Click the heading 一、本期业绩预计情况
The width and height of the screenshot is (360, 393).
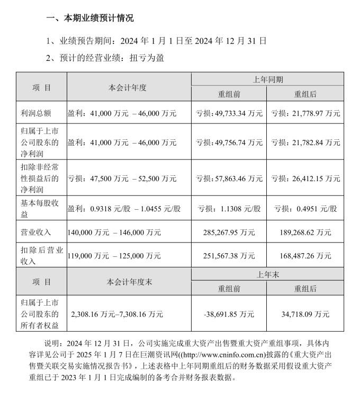[x=90, y=18]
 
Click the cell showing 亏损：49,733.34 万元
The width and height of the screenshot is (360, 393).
[x=229, y=113]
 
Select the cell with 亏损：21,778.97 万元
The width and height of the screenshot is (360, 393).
[x=305, y=113]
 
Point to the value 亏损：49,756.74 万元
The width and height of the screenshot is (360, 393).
[x=229, y=142]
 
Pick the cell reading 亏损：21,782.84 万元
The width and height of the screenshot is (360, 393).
[x=305, y=142]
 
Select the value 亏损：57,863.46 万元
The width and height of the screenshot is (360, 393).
[x=229, y=178]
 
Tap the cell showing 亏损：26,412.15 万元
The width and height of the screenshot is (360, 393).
[x=305, y=178]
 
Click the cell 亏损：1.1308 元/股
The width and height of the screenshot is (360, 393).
[x=229, y=208]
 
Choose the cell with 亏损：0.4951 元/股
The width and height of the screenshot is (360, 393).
[x=305, y=208]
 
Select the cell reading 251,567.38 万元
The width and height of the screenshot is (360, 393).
[x=229, y=256]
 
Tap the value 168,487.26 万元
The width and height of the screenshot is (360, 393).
[x=305, y=256]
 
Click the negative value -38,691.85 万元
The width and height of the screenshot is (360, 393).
[x=229, y=314]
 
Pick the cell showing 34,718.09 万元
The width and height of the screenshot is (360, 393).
[x=305, y=314]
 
